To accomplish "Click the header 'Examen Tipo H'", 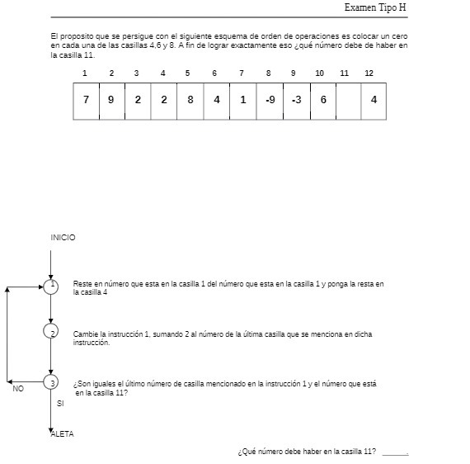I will click(375, 7).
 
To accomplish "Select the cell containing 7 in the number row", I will click(86, 100).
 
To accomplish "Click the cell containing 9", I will click(111, 100).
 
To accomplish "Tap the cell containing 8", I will click(190, 100).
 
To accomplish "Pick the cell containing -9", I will click(270, 100).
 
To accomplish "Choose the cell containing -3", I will click(296, 100).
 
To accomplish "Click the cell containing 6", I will click(323, 100).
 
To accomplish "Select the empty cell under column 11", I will click(348, 100).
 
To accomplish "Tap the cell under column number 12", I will click(374, 100).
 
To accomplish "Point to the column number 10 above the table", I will click(319, 73).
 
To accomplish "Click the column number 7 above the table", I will click(242, 73).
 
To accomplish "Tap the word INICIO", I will click(63, 238).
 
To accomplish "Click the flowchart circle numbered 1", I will click(51, 286).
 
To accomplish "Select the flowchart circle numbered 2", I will click(51, 332).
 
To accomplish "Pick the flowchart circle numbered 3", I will click(51, 383).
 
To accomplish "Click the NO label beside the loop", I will click(18, 389).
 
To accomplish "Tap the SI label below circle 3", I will click(60, 404).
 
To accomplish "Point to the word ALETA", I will click(62, 435).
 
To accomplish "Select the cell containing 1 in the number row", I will click(242, 100).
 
